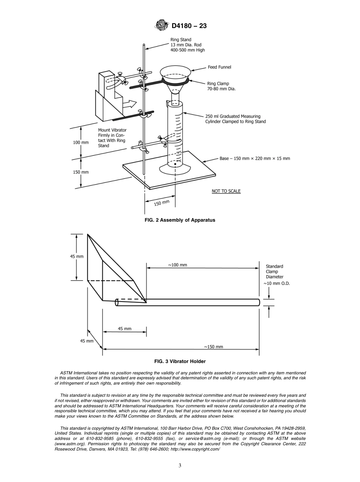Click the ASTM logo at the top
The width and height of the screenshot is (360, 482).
(x=162, y=26)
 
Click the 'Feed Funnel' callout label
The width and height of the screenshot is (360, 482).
(x=219, y=67)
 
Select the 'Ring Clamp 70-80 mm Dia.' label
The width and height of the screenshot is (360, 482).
(x=223, y=86)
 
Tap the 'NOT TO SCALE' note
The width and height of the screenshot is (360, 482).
(x=226, y=191)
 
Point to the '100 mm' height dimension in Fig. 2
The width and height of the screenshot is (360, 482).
(x=81, y=143)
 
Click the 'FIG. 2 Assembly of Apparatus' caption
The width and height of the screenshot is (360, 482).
(x=180, y=220)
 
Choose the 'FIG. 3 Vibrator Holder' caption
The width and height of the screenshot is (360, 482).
(x=180, y=361)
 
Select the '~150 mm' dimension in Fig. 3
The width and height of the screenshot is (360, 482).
(x=213, y=346)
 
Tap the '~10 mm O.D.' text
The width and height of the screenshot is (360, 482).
(x=277, y=283)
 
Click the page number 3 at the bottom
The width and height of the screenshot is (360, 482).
(x=180, y=466)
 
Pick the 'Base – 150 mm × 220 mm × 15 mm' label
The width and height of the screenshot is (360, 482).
(x=255, y=158)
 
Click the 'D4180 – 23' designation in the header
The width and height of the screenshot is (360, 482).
(x=189, y=26)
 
